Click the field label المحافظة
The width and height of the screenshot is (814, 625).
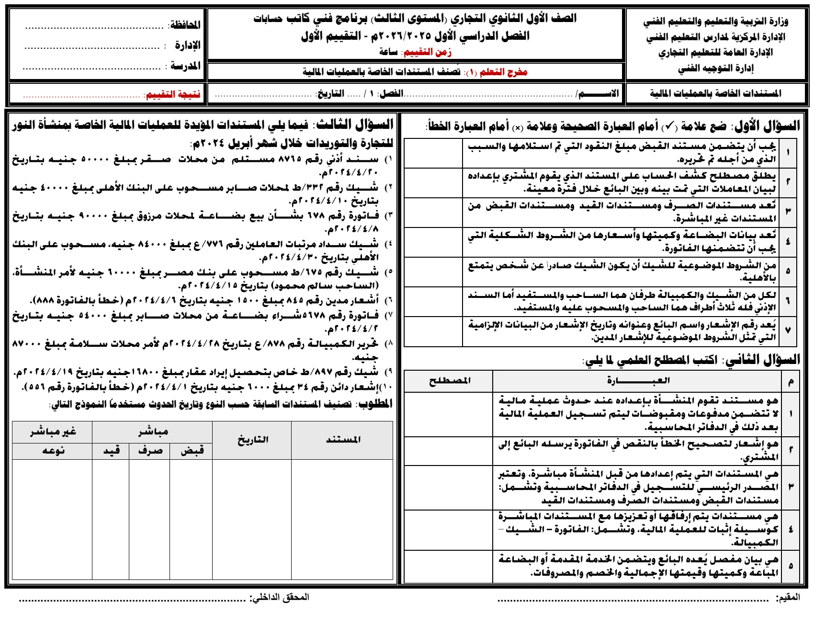coord(185,25)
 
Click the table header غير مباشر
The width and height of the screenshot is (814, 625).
coord(53,432)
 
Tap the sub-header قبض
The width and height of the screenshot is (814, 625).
coord(192,451)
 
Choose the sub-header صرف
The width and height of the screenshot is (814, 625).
coord(150,451)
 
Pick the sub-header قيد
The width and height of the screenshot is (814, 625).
coord(111,451)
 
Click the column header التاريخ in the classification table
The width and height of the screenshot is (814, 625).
coord(252,440)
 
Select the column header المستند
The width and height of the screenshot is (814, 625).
coord(343,440)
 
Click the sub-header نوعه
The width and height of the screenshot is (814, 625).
coord(53,451)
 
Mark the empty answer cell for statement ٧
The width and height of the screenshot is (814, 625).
coord(433,331)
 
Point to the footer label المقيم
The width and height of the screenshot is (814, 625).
coord(788,598)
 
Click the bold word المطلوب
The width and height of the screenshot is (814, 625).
coord(376,404)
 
